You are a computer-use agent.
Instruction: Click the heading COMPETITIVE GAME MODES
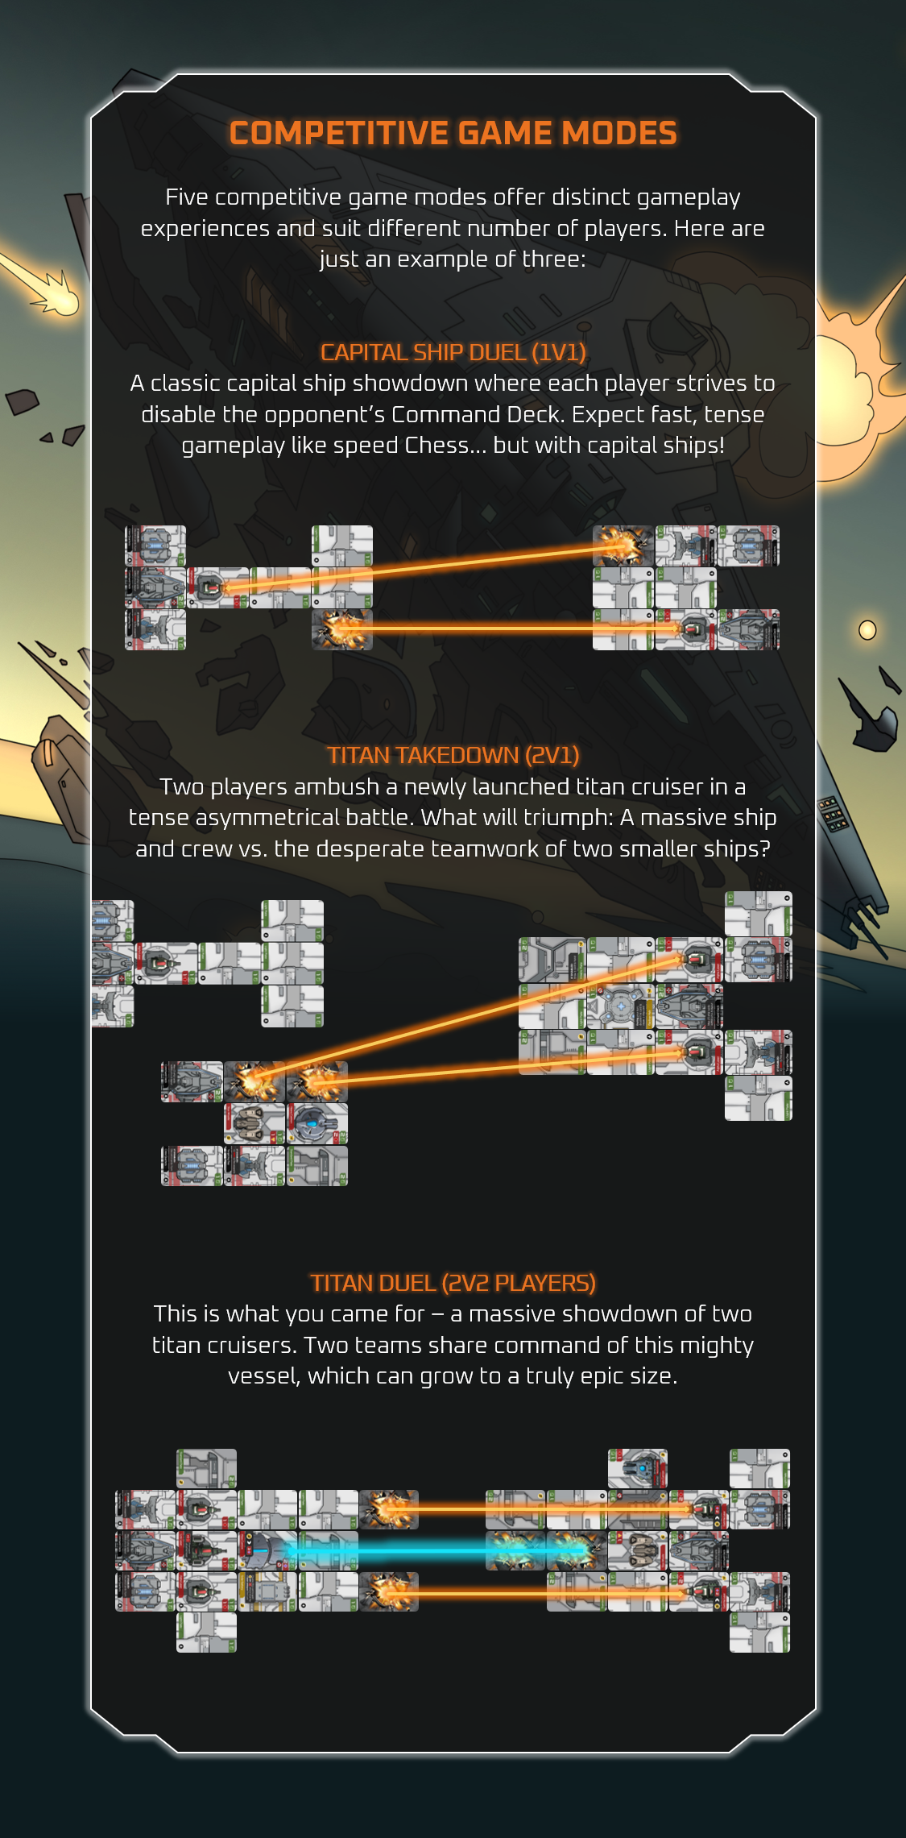453,133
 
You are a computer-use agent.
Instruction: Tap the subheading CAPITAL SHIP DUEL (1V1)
453,352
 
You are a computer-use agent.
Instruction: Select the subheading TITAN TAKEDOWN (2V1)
453,755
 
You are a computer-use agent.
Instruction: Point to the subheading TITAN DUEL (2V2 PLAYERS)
453,1283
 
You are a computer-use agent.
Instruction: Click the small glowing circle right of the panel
867,629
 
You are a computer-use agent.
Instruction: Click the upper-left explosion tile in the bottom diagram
389,1508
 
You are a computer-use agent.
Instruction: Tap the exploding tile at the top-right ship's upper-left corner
623,546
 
